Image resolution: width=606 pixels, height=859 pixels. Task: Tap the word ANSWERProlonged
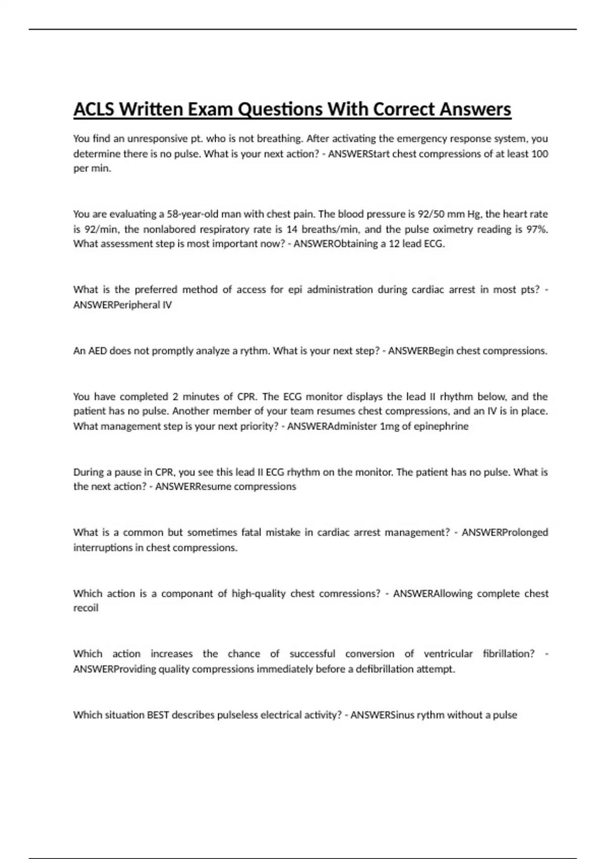(505, 532)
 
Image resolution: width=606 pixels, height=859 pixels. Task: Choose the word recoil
(86, 608)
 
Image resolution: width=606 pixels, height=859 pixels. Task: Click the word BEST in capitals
(158, 714)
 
